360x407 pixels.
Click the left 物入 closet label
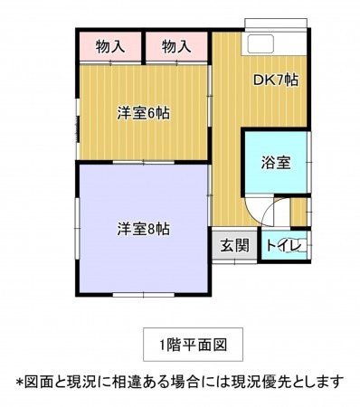pyautogui.click(x=109, y=46)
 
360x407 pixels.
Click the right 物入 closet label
pyautogui.click(x=177, y=46)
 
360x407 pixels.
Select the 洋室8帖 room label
pyautogui.click(x=144, y=229)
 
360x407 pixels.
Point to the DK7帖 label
pyautogui.click(x=276, y=80)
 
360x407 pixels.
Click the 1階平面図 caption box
pyautogui.click(x=191, y=344)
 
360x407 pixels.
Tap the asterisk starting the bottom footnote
pyautogui.click(x=18, y=381)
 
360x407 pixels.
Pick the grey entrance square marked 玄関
pyautogui.click(x=235, y=246)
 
